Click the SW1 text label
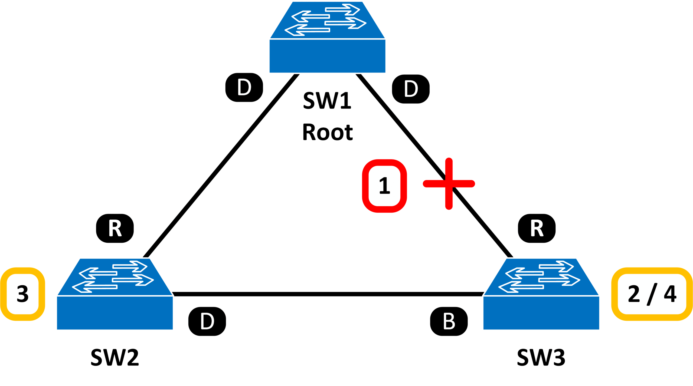coord(327,100)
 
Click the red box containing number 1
coord(384,186)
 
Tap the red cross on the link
coord(449,184)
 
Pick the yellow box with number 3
coord(23,294)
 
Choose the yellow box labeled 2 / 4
coord(652,294)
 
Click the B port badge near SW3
coord(449,321)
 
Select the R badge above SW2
coord(115,228)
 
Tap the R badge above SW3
coord(537,228)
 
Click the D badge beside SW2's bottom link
coord(207,321)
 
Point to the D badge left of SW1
coord(244,87)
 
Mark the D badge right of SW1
coord(411,89)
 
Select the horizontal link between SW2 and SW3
coord(328,294)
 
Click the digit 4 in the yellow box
coord(670,294)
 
